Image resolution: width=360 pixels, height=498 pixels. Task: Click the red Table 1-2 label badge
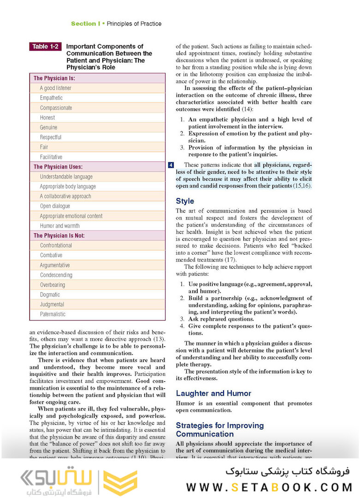(x=45, y=47)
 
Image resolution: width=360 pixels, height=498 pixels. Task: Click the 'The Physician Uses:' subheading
(x=58, y=167)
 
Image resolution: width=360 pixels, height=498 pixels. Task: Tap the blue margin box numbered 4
(x=171, y=165)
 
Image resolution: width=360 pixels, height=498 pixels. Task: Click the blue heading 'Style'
(x=185, y=201)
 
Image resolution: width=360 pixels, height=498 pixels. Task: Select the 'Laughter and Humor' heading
(x=213, y=393)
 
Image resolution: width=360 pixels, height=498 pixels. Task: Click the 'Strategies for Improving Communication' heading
(x=220, y=429)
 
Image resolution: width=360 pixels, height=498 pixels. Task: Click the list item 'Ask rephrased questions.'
(x=221, y=319)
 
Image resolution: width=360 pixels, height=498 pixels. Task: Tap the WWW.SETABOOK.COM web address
(x=269, y=487)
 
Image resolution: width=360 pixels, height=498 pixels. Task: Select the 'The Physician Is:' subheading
(x=54, y=78)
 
